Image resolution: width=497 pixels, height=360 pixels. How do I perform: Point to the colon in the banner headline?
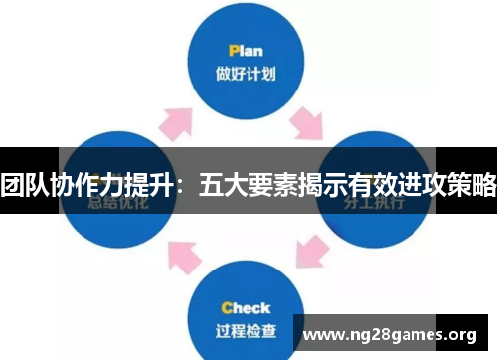182,186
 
